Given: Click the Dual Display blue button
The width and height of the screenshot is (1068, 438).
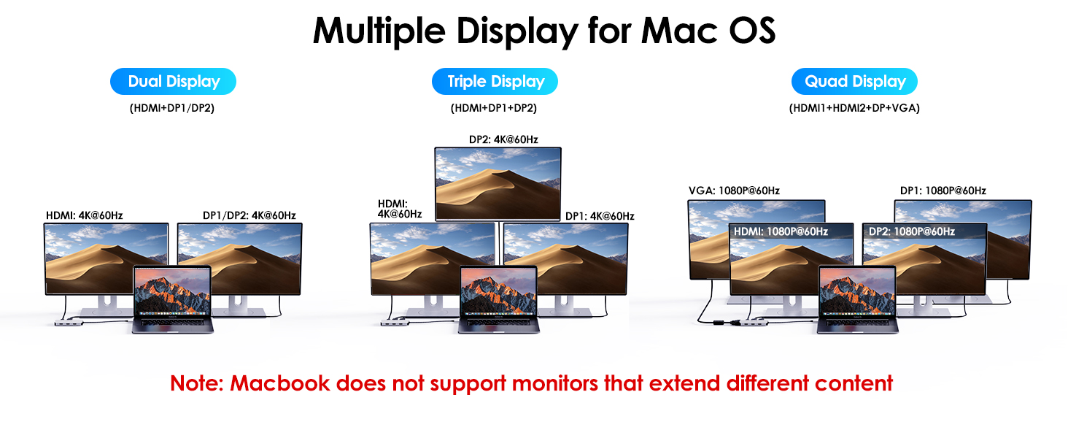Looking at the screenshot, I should click(x=173, y=82).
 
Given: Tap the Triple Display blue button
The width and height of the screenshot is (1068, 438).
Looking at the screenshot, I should click(x=495, y=82).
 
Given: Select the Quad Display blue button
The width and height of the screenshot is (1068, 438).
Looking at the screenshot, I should click(x=854, y=82).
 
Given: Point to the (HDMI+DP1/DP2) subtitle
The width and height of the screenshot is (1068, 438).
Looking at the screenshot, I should click(x=172, y=108).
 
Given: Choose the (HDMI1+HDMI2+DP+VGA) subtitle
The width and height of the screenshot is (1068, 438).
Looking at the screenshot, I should click(x=854, y=108).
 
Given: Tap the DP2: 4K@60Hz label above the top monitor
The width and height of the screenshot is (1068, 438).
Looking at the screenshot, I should click(x=503, y=139).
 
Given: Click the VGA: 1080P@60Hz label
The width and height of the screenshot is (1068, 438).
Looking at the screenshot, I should click(x=734, y=191).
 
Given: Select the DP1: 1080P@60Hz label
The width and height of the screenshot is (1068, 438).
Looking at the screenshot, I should click(x=943, y=191).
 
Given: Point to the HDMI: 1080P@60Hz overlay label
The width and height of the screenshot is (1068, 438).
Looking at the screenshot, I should click(x=781, y=231).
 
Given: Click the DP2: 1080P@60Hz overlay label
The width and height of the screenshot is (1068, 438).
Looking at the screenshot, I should click(x=911, y=231).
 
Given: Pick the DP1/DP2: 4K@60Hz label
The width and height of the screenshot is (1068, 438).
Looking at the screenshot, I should click(x=249, y=215).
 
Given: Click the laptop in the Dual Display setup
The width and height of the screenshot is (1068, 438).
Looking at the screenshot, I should click(x=173, y=299).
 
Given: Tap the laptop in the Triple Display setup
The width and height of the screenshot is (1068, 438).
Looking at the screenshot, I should click(x=498, y=299).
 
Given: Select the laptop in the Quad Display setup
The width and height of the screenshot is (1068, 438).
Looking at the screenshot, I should click(x=856, y=299).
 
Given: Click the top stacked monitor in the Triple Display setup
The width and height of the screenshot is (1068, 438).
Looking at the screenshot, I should click(x=498, y=182).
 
